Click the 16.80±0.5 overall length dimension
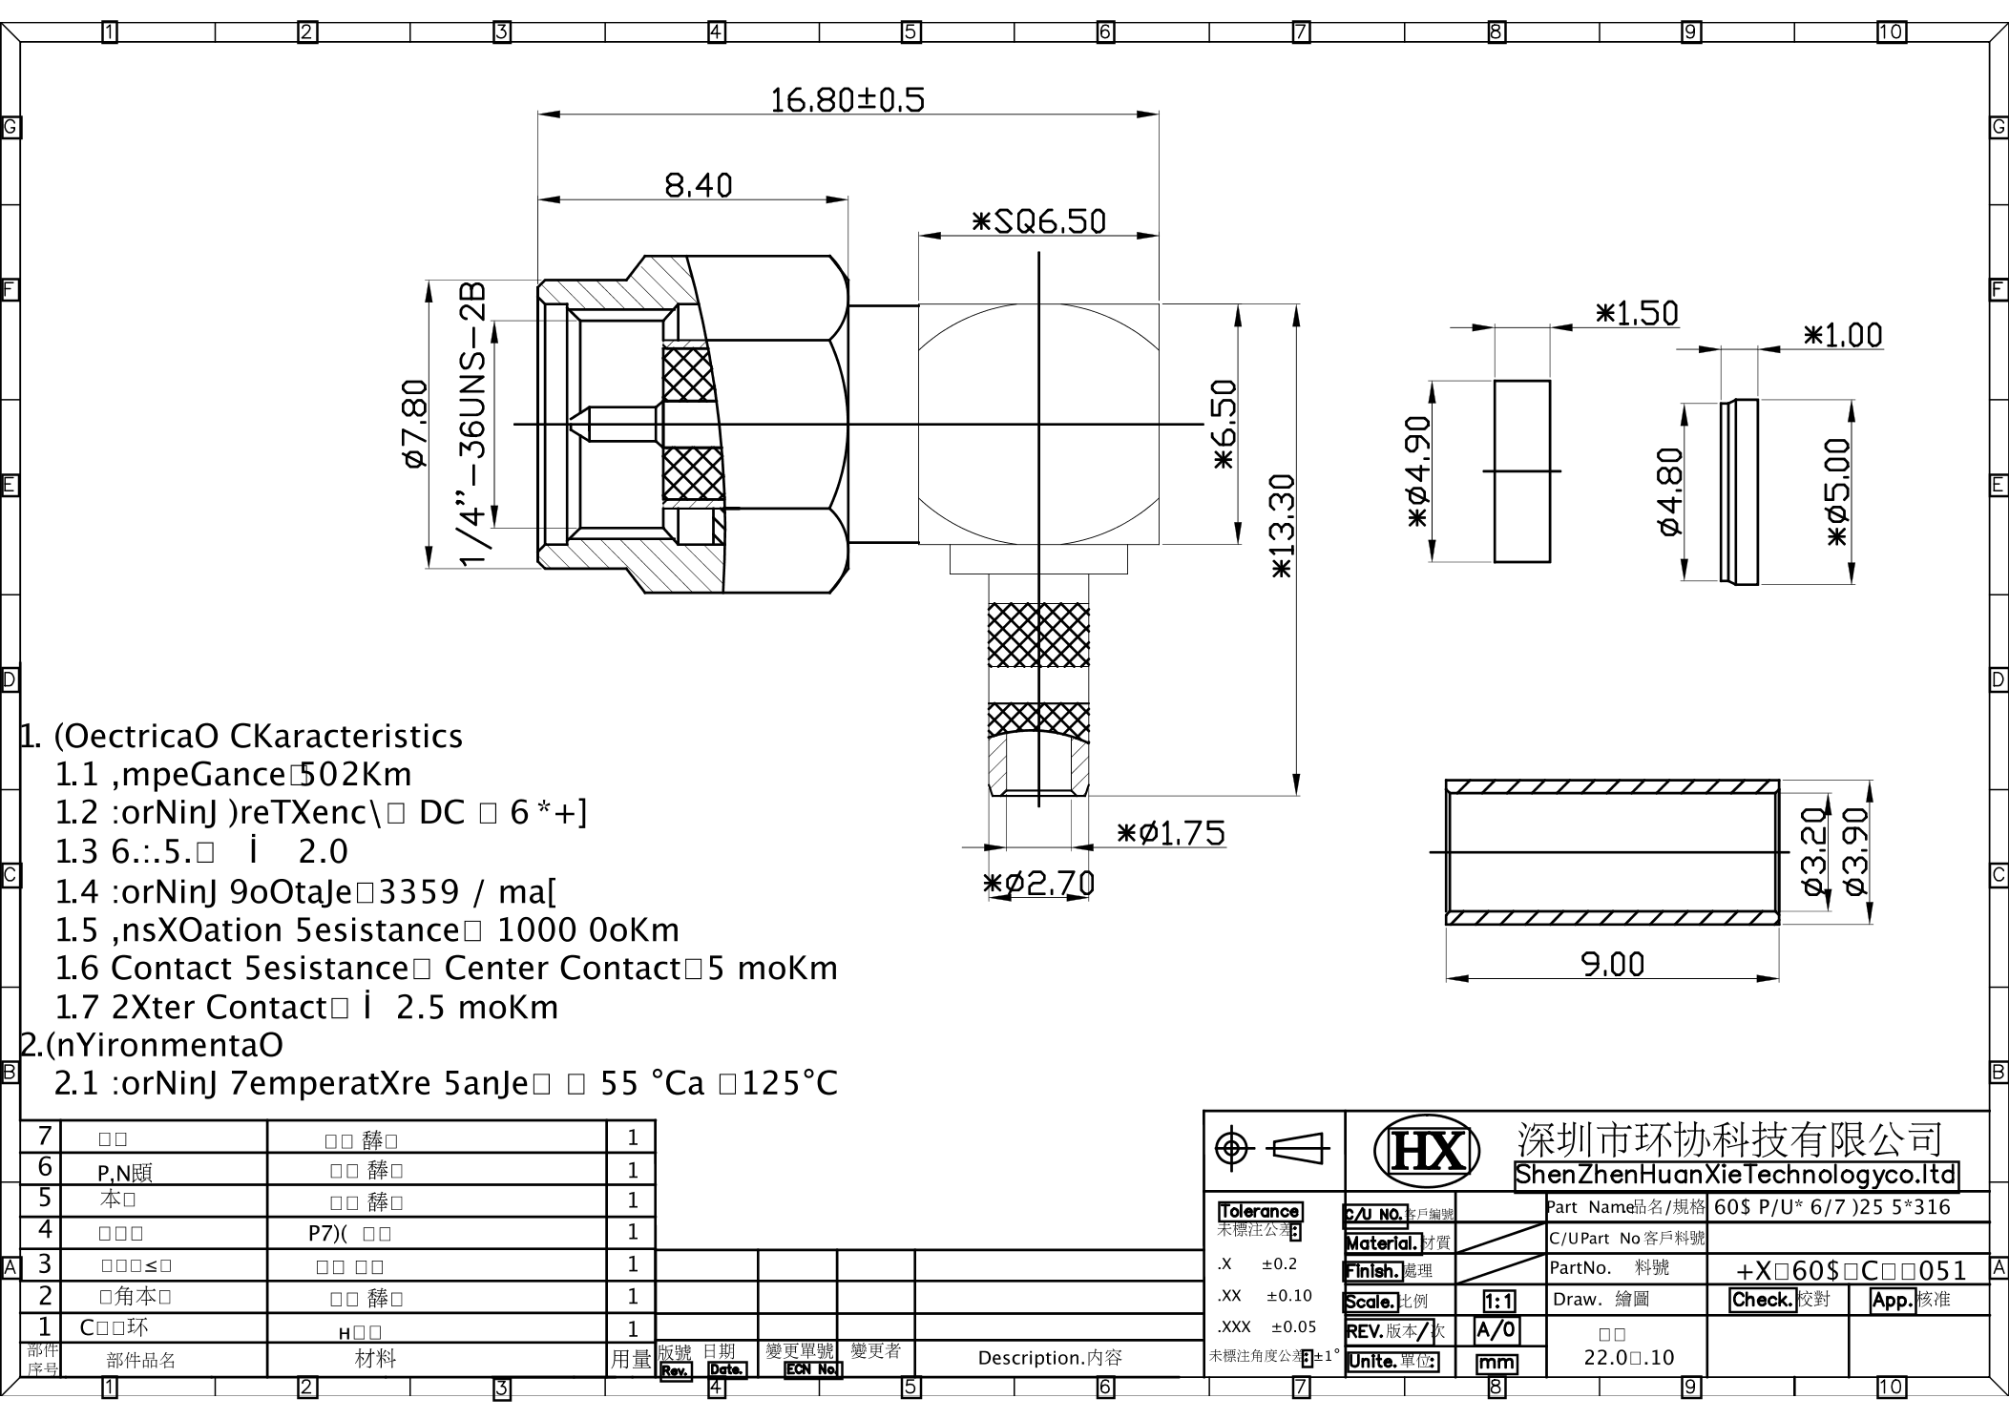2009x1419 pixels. pyautogui.click(x=847, y=99)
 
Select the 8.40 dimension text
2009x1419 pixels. pyautogui.click(x=698, y=184)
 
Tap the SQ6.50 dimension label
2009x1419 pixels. pyautogui.click(x=1038, y=221)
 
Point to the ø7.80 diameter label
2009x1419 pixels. pyautogui.click(x=415, y=424)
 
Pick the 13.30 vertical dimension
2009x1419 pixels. pyautogui.click(x=1281, y=526)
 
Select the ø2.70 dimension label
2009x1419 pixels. pyautogui.click(x=1039, y=883)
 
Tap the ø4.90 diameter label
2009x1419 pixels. pyautogui.click(x=1417, y=470)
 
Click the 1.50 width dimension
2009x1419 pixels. pyautogui.click(x=1636, y=313)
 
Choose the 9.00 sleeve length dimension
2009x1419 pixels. pyautogui.click(x=1613, y=964)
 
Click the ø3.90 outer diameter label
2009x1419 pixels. pyautogui.click(x=1854, y=851)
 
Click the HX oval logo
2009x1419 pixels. pyautogui.click(x=1426, y=1150)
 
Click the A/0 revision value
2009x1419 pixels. pyautogui.click(x=1496, y=1330)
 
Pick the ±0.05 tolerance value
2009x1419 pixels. pyautogui.click(x=1293, y=1326)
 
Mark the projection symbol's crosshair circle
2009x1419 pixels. pyautogui.click(x=1233, y=1147)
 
